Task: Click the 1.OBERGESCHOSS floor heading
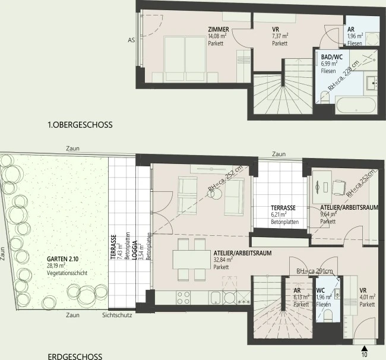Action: click(80, 125)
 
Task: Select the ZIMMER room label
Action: click(219, 30)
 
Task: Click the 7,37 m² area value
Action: click(281, 36)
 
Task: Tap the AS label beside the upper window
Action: click(131, 40)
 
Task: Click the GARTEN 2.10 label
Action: click(65, 260)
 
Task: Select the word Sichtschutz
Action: click(117, 315)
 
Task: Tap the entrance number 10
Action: click(364, 354)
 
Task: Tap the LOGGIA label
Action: click(135, 250)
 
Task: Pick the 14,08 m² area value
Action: click(217, 36)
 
